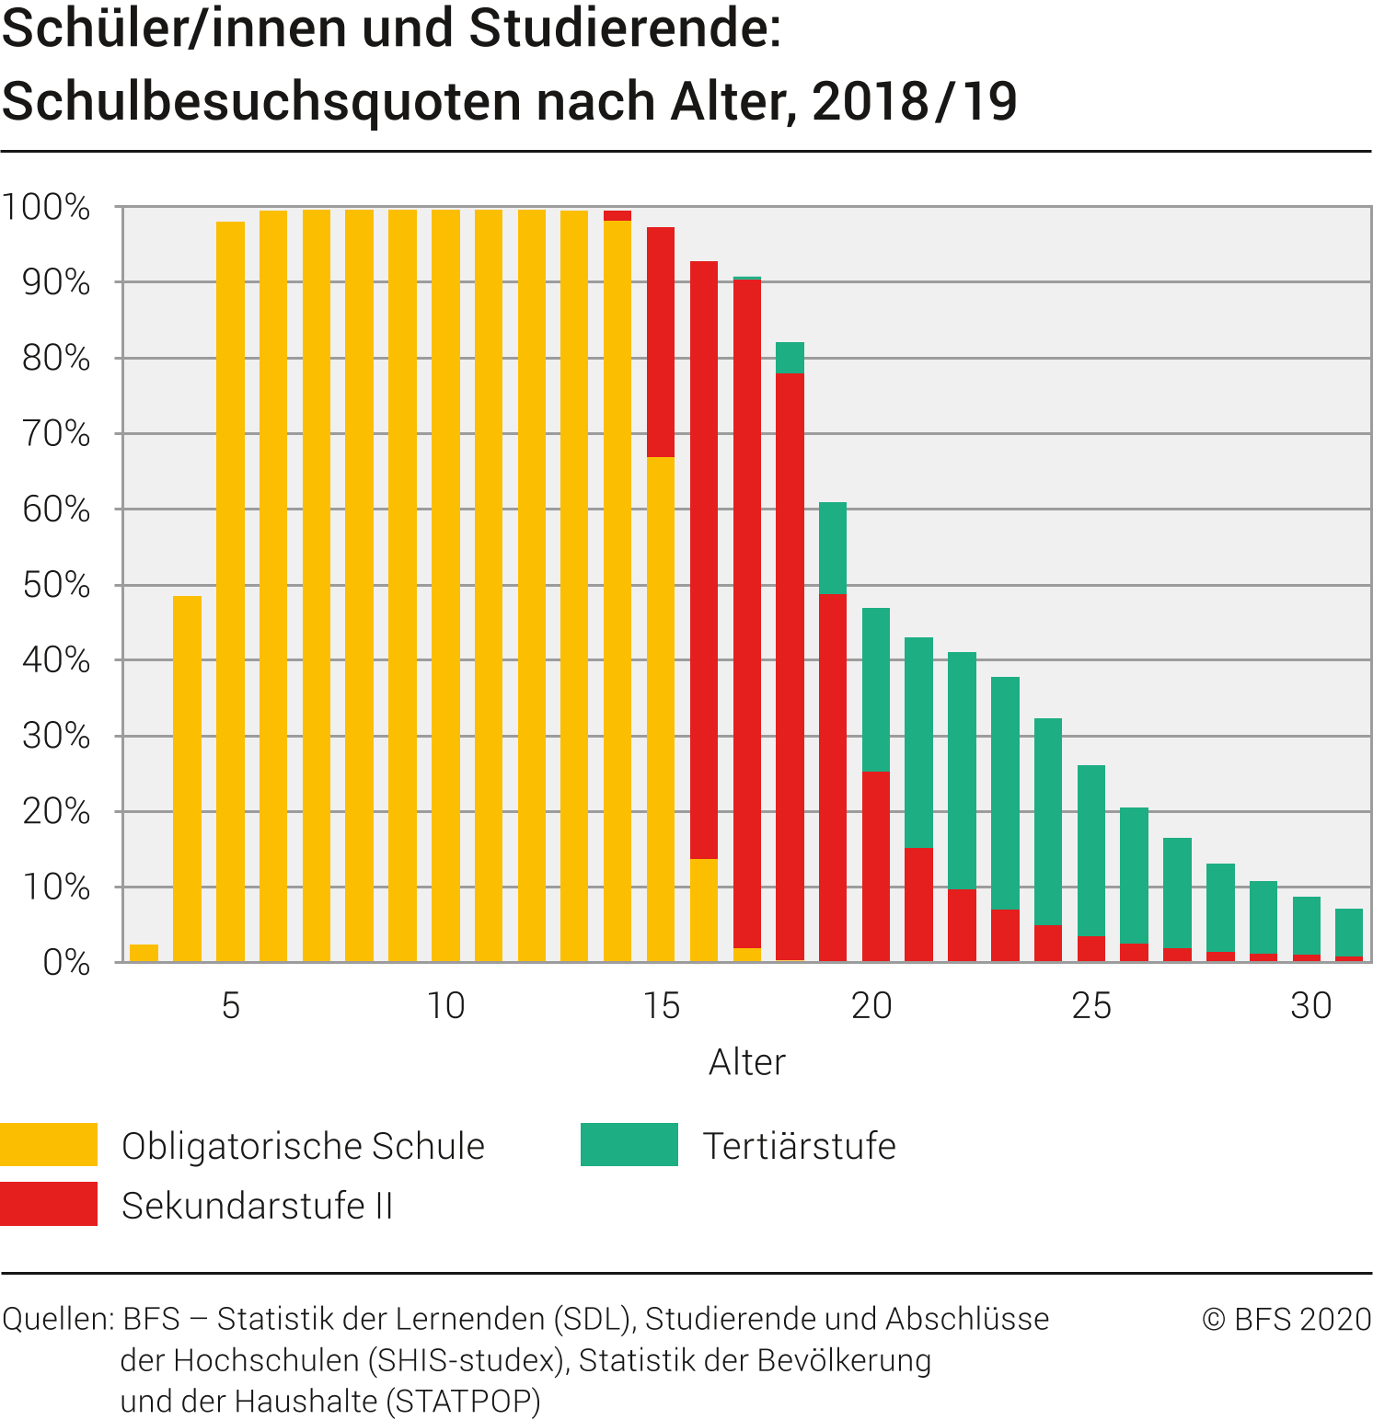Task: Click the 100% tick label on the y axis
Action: pyautogui.click(x=46, y=207)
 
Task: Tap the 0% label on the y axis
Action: pyautogui.click(x=66, y=963)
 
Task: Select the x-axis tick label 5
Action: pyautogui.click(x=230, y=1005)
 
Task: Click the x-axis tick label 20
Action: pyautogui.click(x=871, y=1005)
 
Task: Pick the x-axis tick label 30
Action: pyautogui.click(x=1310, y=1005)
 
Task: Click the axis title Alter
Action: pyautogui.click(x=746, y=1062)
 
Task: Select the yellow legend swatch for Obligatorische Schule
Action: pyautogui.click(x=49, y=1145)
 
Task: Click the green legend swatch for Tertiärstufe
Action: pyautogui.click(x=629, y=1145)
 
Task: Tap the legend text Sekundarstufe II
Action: pyautogui.click(x=257, y=1206)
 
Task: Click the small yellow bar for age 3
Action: pyautogui.click(x=144, y=954)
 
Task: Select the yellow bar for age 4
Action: pyautogui.click(x=187, y=780)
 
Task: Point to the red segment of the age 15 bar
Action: pyautogui.click(x=661, y=342)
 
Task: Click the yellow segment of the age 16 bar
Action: pyautogui.click(x=704, y=910)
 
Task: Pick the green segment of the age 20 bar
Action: pyautogui.click(x=876, y=690)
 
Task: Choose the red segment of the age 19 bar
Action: pyautogui.click(x=833, y=777)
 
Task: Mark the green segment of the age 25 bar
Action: pyautogui.click(x=1091, y=851)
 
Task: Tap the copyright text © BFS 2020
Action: pyautogui.click(x=1286, y=1319)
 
